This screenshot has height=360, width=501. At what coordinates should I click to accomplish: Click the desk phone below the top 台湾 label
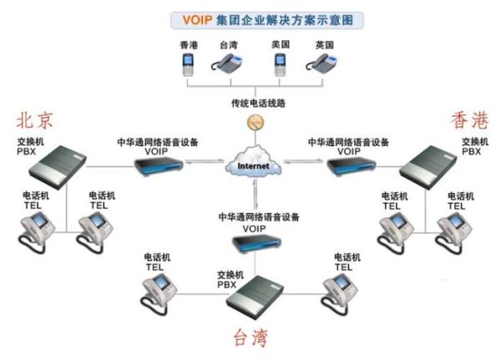click(x=231, y=63)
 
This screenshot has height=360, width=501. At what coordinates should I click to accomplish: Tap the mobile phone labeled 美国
click(x=280, y=63)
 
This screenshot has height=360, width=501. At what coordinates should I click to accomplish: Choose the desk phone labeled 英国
click(x=325, y=63)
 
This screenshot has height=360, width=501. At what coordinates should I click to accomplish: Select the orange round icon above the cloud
click(x=252, y=123)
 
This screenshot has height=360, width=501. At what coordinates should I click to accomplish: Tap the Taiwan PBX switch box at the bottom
click(x=253, y=295)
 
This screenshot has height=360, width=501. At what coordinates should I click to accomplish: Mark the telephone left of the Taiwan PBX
click(x=159, y=288)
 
